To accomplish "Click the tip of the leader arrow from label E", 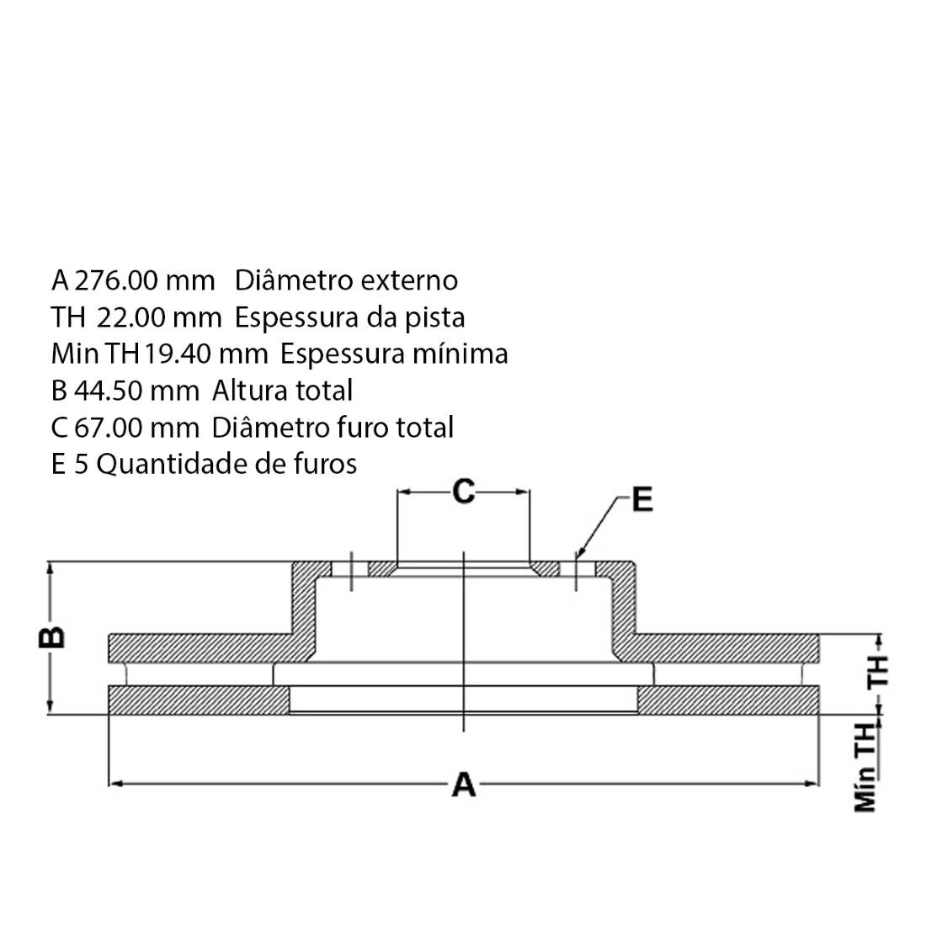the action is (x=577, y=559).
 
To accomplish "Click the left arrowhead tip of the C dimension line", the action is (x=399, y=492).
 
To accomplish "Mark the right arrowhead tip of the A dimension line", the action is (x=818, y=784).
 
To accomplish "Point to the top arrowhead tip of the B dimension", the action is (x=51, y=563).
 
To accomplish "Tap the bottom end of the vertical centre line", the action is (x=464, y=732).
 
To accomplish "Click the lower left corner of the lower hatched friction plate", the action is (x=109, y=714).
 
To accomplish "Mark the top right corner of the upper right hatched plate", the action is (x=818, y=636).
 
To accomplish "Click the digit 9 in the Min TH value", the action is (x=157, y=354).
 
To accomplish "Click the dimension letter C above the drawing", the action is (x=464, y=492).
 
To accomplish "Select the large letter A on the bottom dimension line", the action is (x=464, y=785).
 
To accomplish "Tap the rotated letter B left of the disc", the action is (x=52, y=637).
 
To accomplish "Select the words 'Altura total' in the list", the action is (x=282, y=391).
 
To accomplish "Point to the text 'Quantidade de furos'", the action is (x=226, y=464).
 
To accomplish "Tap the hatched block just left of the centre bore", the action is (x=383, y=569).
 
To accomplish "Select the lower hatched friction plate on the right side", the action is (x=727, y=700).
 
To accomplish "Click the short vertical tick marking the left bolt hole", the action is (x=351, y=571).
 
